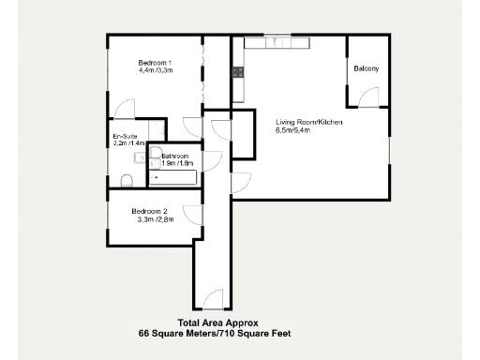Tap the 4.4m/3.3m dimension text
point(156,70)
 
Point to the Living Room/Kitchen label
point(308,123)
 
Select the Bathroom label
point(175,156)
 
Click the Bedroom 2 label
point(150,211)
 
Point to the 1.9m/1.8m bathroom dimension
point(175,163)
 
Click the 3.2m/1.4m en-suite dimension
point(125,144)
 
